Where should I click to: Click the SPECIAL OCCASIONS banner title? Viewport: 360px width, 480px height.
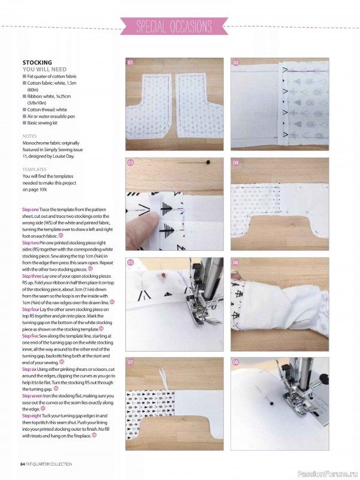click(x=174, y=27)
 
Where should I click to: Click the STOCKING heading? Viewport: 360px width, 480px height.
click(x=37, y=62)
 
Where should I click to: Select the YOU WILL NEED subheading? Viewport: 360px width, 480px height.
click(x=45, y=70)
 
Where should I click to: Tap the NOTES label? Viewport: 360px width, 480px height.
click(x=30, y=136)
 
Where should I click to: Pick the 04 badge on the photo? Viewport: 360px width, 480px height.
click(x=236, y=163)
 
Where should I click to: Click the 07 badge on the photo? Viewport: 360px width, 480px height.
click(x=130, y=362)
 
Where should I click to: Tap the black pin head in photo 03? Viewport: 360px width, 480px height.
click(x=207, y=162)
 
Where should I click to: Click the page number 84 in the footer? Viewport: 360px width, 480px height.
click(x=22, y=464)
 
